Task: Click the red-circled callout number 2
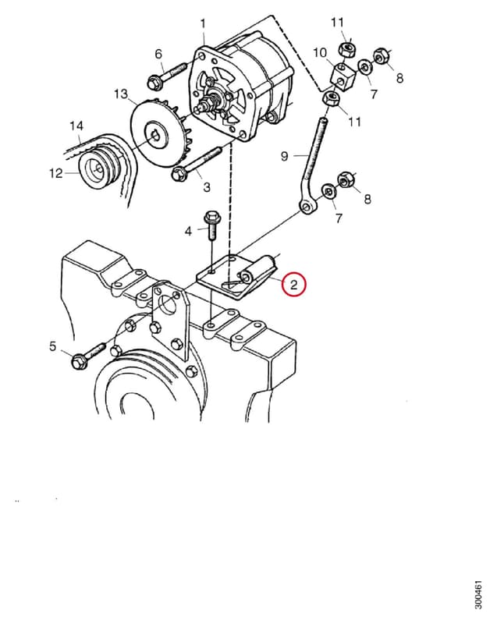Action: (x=293, y=285)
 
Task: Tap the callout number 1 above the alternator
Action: (x=203, y=23)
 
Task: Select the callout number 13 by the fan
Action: (x=121, y=94)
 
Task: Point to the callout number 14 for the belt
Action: (x=76, y=126)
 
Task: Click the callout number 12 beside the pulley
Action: (x=56, y=173)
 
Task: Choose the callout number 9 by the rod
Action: (x=284, y=156)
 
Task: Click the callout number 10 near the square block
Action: (x=320, y=52)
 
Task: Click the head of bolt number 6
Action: (x=153, y=83)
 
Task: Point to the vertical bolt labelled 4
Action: (x=212, y=225)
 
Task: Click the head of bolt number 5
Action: (x=77, y=361)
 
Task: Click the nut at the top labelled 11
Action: (x=347, y=49)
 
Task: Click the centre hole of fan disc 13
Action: (x=154, y=135)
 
